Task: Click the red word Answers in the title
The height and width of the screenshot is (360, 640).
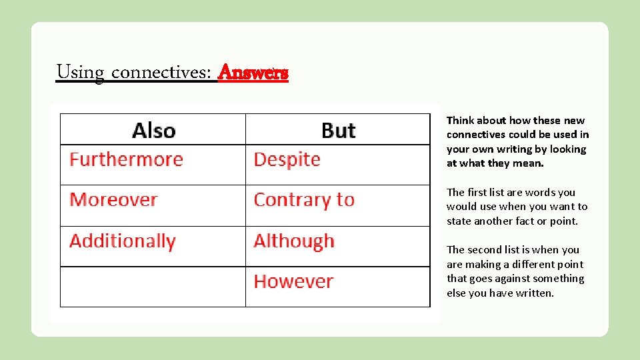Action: (253, 72)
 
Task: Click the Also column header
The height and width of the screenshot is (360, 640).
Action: (153, 130)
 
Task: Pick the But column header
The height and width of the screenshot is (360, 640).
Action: (338, 130)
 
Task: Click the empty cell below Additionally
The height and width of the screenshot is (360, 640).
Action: (153, 287)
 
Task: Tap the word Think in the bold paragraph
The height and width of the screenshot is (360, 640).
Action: (461, 121)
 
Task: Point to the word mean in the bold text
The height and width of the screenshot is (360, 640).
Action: (529, 163)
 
